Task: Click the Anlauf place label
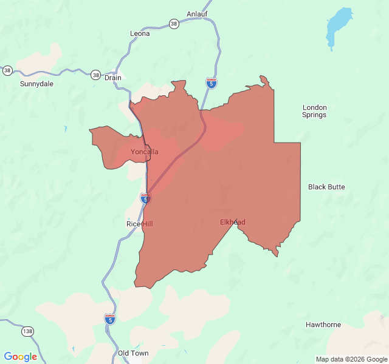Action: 197,13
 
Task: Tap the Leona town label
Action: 140,33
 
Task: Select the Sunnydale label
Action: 36,84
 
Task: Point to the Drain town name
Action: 113,78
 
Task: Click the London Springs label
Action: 314,111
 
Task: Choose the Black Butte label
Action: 326,187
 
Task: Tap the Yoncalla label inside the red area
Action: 145,152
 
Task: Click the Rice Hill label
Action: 140,224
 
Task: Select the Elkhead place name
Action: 233,222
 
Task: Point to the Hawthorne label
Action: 323,325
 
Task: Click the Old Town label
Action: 133,353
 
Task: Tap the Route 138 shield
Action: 27,331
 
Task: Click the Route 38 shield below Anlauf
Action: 174,24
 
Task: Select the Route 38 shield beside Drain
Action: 96,75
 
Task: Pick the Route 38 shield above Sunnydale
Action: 7,70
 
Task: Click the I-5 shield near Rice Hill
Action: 145,198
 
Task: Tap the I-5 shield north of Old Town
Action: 109,318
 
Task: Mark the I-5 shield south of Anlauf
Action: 211,84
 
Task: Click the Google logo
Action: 20,357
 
